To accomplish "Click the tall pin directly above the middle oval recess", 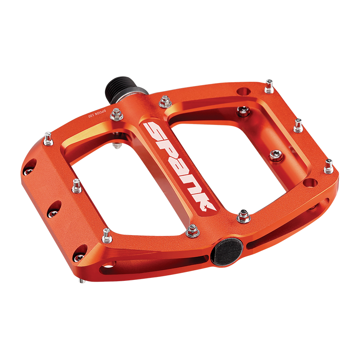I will point(76,186).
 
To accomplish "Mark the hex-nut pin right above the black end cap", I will point(243,216).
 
